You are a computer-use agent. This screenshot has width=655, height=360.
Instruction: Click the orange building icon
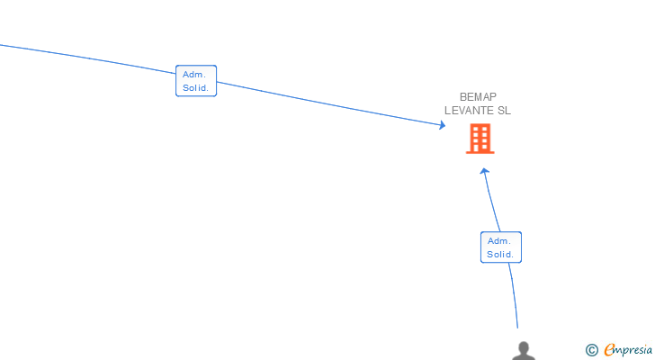[x=480, y=139]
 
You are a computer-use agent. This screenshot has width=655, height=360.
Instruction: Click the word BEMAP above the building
[x=478, y=97]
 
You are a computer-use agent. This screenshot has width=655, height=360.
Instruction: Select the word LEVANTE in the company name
[x=469, y=111]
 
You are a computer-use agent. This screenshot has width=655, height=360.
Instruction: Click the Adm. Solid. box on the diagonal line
[x=196, y=81]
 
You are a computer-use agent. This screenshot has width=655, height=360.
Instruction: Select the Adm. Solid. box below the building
[x=501, y=247]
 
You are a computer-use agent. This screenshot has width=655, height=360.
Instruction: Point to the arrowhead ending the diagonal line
[x=443, y=125]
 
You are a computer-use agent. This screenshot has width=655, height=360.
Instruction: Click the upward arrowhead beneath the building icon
[x=484, y=171]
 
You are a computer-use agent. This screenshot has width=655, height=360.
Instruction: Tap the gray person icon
[x=524, y=351]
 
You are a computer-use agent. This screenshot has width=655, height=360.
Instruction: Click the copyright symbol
[x=591, y=350]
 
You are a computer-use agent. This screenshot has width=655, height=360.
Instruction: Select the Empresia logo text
[x=628, y=350]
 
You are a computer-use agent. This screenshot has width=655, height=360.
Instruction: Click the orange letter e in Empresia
[x=609, y=349]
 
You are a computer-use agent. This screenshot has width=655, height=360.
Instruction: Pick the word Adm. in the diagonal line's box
[x=194, y=75]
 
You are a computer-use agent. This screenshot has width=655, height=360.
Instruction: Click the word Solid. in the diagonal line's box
[x=195, y=87]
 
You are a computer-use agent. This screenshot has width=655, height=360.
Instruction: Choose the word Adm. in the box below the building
[x=499, y=241]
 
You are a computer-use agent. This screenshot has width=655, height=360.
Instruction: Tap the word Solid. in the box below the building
[x=500, y=255]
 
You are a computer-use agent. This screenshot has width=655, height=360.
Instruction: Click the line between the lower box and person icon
[x=515, y=295]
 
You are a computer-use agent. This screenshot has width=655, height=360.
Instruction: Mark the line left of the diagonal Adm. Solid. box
[x=88, y=58]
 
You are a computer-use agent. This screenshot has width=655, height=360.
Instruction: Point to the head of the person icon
[x=524, y=346]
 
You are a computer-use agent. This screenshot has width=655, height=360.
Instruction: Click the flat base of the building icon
[x=480, y=152]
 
